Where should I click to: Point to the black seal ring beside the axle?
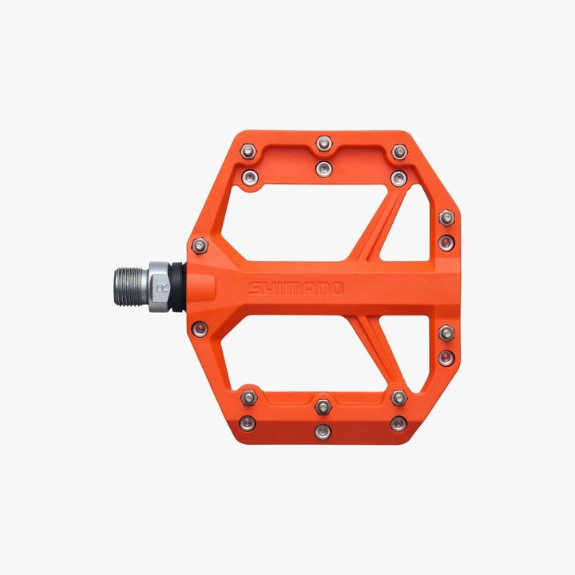tap(186, 285)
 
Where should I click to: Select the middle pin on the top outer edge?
tap(323, 143)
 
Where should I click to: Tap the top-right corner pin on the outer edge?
tap(399, 149)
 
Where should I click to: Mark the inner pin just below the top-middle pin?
tap(323, 168)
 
